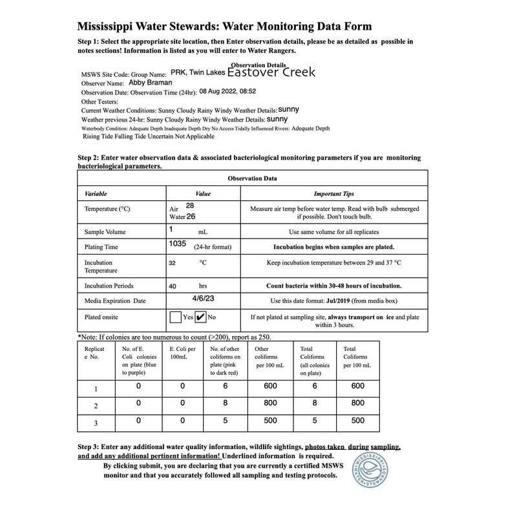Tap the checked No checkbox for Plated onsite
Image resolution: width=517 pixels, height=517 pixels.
pos(200,317)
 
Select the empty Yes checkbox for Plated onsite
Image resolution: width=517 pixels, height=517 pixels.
pos(175,317)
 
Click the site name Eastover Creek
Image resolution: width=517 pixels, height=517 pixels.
pos(271,72)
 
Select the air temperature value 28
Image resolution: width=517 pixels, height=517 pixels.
pos(190,206)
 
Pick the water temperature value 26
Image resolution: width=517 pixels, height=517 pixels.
pos(191,216)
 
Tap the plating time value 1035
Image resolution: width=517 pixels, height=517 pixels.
pos(177,244)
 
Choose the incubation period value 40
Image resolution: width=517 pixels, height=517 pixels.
pos(173,285)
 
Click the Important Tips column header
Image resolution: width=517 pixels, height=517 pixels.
pos(333,194)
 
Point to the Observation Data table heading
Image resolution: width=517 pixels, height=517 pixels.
pos(253,178)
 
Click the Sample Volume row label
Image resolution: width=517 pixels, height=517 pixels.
pos(105,231)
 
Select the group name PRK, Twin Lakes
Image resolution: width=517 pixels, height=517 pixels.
pos(198,74)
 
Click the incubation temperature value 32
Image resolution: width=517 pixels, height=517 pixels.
pos(172,264)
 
